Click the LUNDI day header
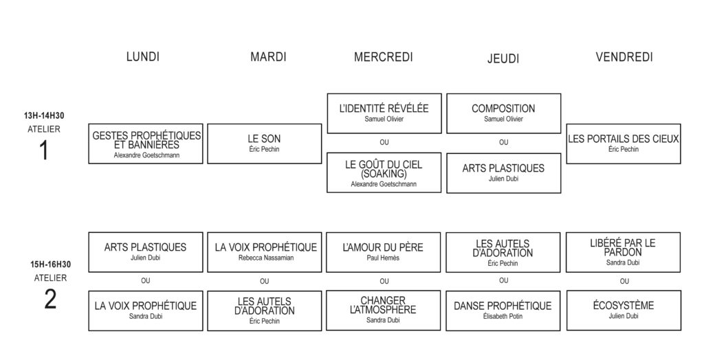click(x=143, y=56)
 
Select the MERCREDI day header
click(x=384, y=57)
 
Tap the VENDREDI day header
click(x=624, y=57)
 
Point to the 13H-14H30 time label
click(x=44, y=116)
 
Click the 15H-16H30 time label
click(x=50, y=265)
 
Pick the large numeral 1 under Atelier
click(x=44, y=150)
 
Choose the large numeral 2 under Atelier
click(x=50, y=300)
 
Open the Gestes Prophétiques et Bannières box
click(x=146, y=144)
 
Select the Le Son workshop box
click(x=265, y=144)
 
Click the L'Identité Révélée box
click(x=384, y=113)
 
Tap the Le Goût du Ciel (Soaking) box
click(x=384, y=173)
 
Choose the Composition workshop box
click(x=504, y=113)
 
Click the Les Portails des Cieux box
click(x=624, y=144)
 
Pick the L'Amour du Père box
click(x=384, y=252)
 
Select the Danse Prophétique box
click(x=503, y=311)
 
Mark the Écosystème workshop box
click(x=624, y=311)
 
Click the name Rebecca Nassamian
click(x=265, y=258)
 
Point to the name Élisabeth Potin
click(x=503, y=317)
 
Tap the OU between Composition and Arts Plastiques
click(x=504, y=142)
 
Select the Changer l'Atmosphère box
click(x=384, y=311)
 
